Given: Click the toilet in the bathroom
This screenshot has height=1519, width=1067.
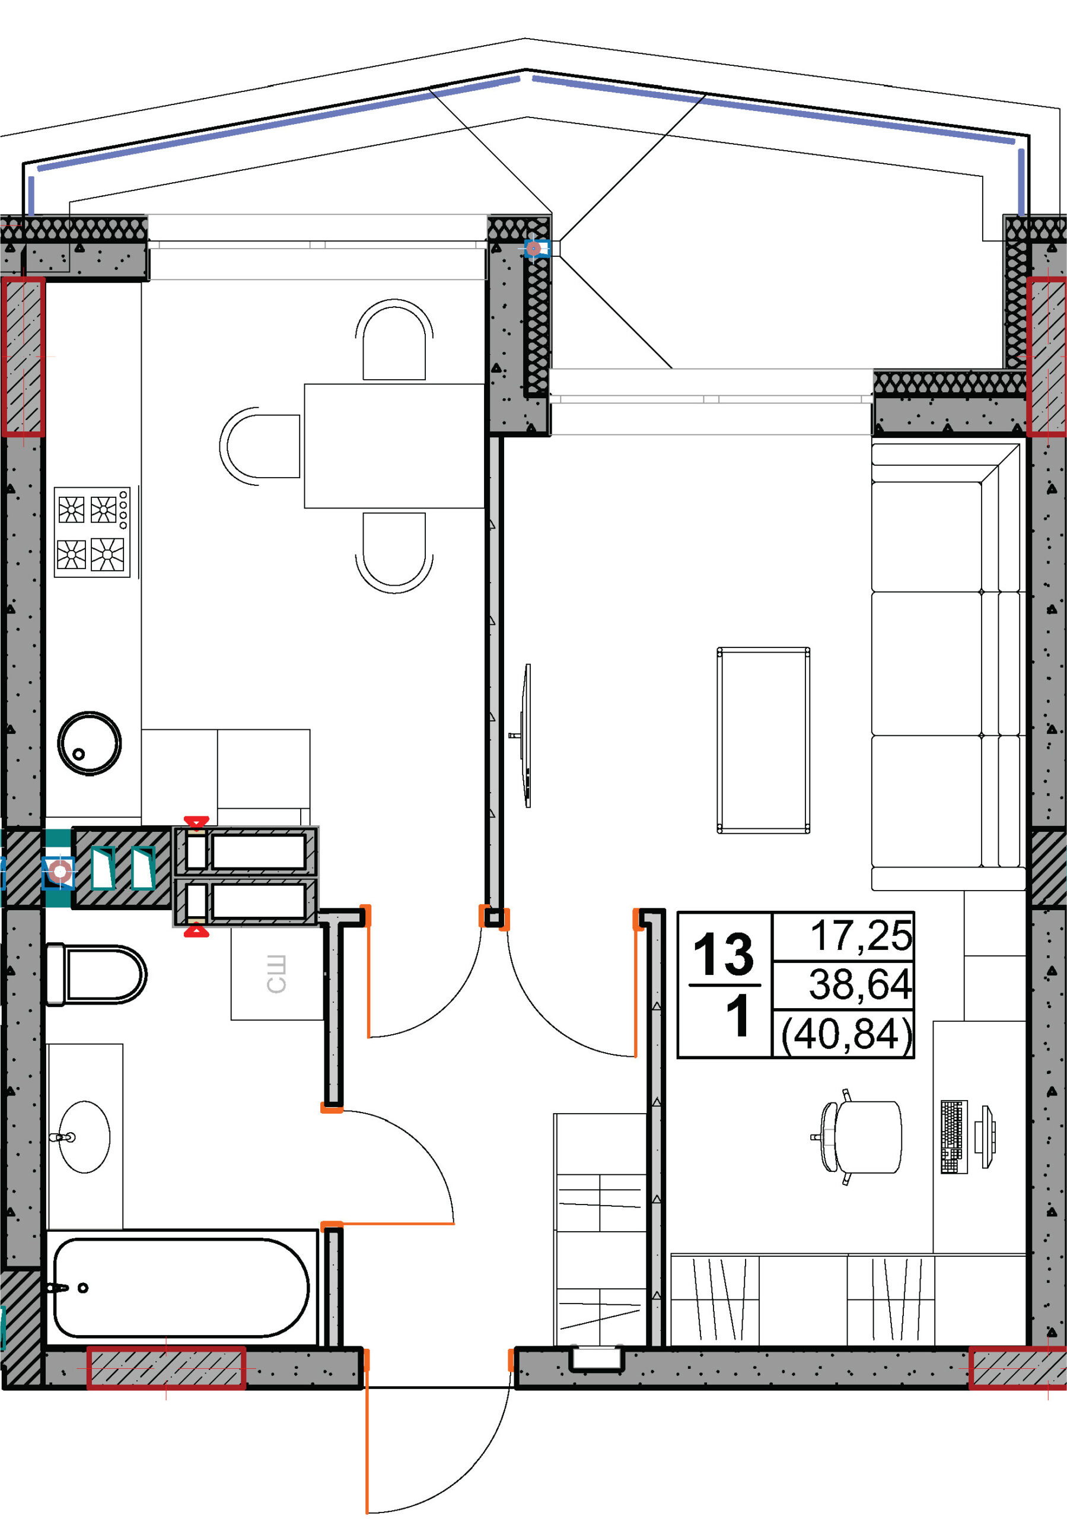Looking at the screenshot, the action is pos(96,974).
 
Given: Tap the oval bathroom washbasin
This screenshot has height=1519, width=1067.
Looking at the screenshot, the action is pos(84,1137).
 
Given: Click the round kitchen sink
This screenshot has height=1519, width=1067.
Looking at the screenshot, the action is pos(90,743).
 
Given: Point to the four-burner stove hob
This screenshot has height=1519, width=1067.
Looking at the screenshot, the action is pos(92,532).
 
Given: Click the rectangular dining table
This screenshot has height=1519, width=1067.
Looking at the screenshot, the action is pos(394,446).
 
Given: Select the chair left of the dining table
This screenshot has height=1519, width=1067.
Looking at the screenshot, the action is pos(260,446).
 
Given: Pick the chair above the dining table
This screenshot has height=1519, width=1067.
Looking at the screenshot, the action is pos(394,339).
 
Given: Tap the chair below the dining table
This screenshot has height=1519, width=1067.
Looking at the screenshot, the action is pos(394,553).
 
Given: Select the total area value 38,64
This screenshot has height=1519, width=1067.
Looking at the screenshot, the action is pos(861,984).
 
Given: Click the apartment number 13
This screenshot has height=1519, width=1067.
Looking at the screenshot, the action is pos(724,954).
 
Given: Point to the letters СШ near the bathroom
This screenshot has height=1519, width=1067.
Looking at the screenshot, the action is pos(276,974).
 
